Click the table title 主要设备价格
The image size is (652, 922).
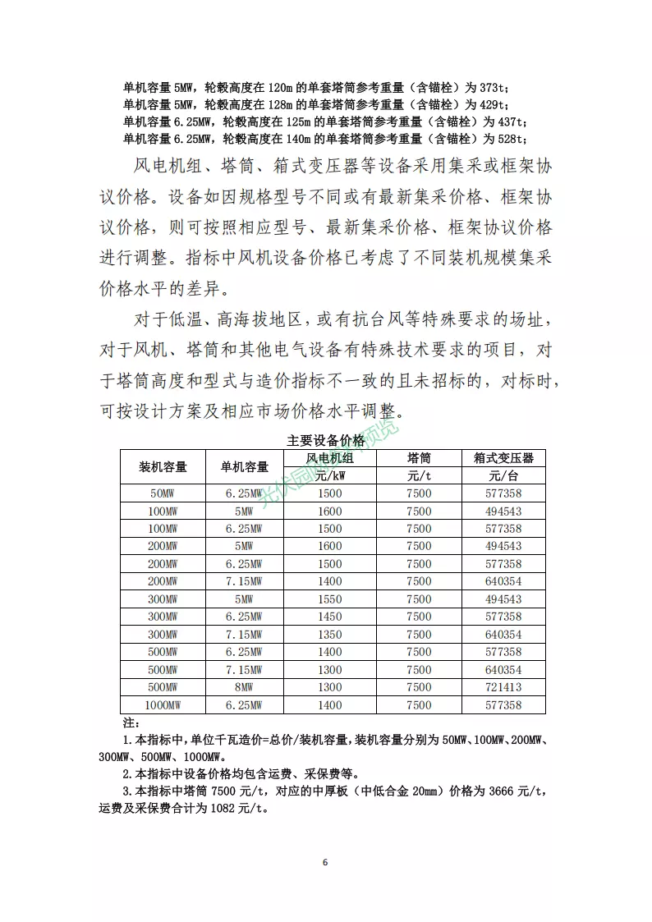tap(326, 440)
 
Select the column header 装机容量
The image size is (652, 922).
tap(163, 466)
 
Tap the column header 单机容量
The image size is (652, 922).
tap(244, 466)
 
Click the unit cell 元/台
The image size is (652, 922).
tap(503, 475)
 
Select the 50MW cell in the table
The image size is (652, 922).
tap(163, 493)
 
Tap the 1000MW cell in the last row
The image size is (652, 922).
tap(163, 705)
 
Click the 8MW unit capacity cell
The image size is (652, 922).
tap(244, 687)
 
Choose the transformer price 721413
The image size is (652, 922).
tap(503, 687)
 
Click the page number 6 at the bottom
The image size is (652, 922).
tap(326, 862)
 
